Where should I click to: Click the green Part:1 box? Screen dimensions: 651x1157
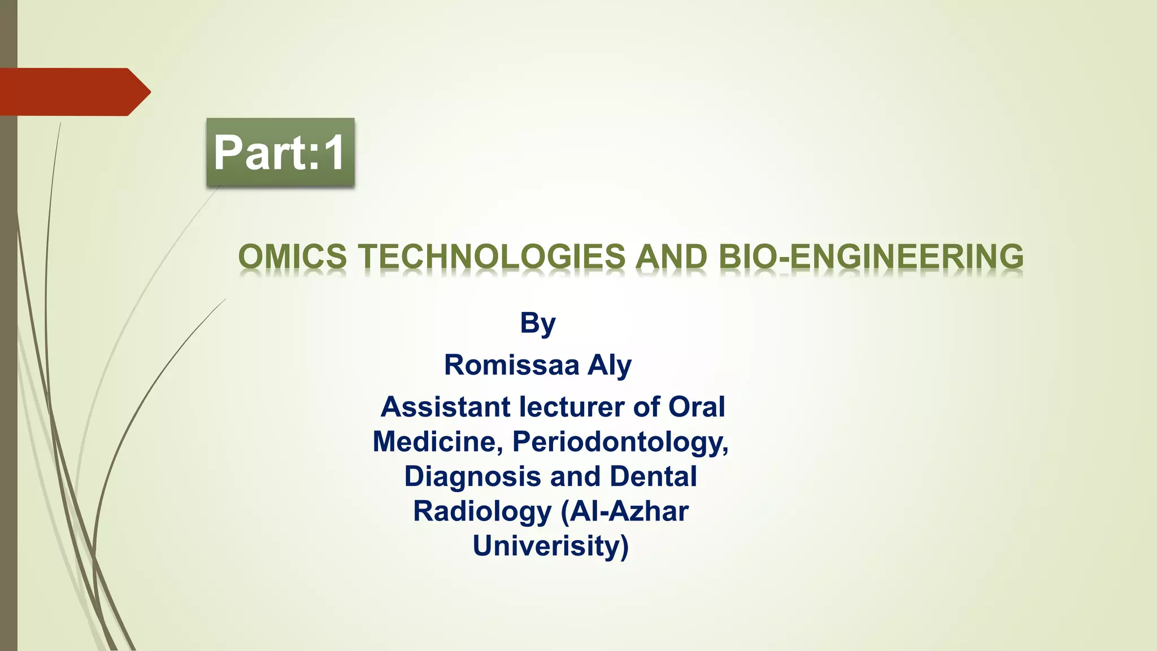point(280,153)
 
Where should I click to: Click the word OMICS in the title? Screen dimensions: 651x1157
point(292,257)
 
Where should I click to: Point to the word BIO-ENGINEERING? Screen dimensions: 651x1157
point(871,257)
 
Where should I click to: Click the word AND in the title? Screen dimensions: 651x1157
point(671,257)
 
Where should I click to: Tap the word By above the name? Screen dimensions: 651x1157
point(538,324)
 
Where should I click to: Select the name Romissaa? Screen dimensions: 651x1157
point(511,365)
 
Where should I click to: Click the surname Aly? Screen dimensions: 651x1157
point(610,366)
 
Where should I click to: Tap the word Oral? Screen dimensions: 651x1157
point(697,407)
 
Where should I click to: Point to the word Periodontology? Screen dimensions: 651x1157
point(620,442)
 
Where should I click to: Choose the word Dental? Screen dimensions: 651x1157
point(653,476)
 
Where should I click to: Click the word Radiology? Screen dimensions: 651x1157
point(482,511)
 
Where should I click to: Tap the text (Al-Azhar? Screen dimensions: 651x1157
point(625,511)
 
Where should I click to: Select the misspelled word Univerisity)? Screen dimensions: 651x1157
point(551,546)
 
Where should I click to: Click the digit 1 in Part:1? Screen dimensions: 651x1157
point(334,153)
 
